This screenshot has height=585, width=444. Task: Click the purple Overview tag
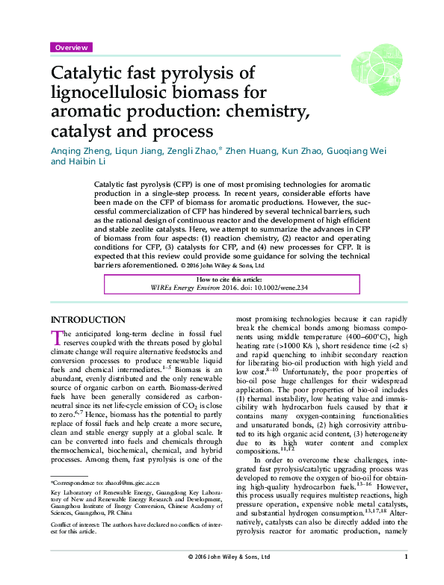[71, 47]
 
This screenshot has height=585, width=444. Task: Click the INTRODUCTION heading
[87, 320]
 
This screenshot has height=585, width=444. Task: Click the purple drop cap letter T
[56, 339]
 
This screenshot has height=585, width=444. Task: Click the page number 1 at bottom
[405, 577]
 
